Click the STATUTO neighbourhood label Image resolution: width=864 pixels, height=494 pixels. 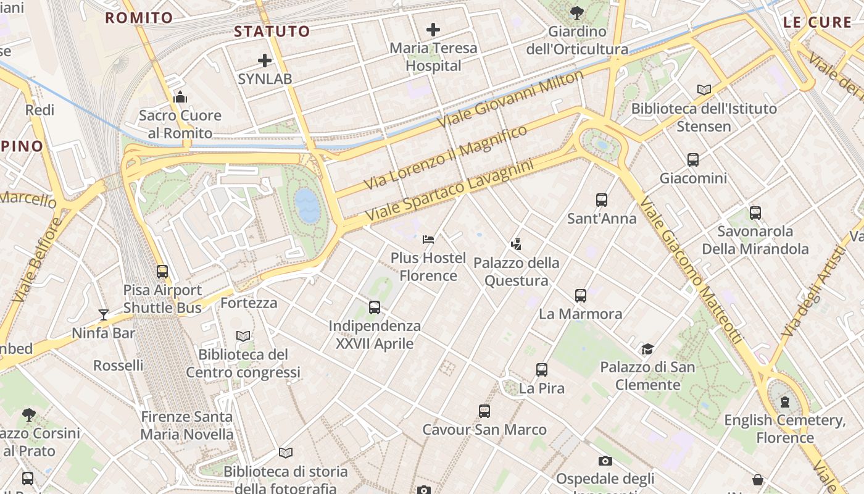[x=272, y=31]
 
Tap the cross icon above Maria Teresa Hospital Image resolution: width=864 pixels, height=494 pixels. [x=433, y=29]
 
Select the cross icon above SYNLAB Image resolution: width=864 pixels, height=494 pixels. [x=265, y=61]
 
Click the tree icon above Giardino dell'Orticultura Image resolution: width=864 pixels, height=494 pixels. [x=577, y=12]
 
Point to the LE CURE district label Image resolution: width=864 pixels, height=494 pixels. [x=817, y=23]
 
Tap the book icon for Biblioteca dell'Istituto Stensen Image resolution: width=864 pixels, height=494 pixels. [x=704, y=90]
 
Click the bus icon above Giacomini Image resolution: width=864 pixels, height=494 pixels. [x=693, y=160]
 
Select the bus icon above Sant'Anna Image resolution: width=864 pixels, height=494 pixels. [x=602, y=200]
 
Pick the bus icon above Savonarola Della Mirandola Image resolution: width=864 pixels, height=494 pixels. [x=755, y=213]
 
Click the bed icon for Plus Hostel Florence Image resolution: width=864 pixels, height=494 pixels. [x=428, y=239]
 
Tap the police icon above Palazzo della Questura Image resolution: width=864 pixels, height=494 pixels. [x=517, y=245]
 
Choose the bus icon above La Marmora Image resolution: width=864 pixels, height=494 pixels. [x=581, y=296]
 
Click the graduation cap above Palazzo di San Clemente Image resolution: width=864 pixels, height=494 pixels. [x=647, y=350]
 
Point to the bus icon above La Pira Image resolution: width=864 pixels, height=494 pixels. [x=542, y=370]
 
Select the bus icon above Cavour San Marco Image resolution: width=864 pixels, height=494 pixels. [x=484, y=411]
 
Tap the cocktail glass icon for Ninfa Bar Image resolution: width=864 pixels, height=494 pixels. [x=104, y=315]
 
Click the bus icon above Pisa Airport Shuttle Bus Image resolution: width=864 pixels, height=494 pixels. [x=162, y=272]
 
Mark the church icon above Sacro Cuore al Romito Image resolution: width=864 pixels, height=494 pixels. [x=180, y=97]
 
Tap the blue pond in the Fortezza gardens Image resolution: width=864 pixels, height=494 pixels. [x=307, y=206]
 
